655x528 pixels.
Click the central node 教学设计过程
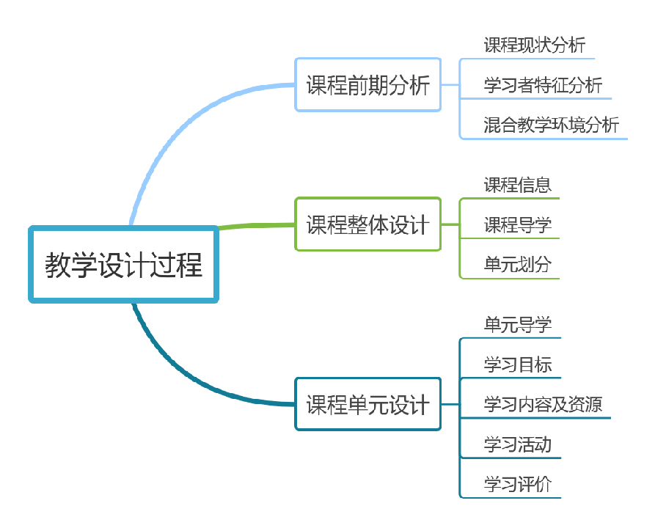click(123, 264)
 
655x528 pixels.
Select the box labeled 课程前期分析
click(367, 85)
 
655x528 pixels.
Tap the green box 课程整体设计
click(367, 224)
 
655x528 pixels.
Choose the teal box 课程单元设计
click(367, 404)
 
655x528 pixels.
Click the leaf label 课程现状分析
click(535, 45)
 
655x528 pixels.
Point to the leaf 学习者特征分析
click(543, 85)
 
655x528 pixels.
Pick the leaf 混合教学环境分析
click(551, 125)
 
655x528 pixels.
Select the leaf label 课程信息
click(518, 185)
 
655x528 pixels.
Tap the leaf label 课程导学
click(518, 224)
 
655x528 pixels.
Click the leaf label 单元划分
click(518, 265)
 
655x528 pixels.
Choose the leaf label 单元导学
click(518, 324)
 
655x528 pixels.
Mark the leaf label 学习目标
click(518, 364)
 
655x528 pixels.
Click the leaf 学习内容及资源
click(543, 404)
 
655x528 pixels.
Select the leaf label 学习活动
click(518, 444)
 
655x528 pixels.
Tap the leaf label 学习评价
click(518, 484)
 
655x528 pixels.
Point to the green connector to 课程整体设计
click(257, 226)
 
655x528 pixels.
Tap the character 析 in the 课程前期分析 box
click(419, 85)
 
